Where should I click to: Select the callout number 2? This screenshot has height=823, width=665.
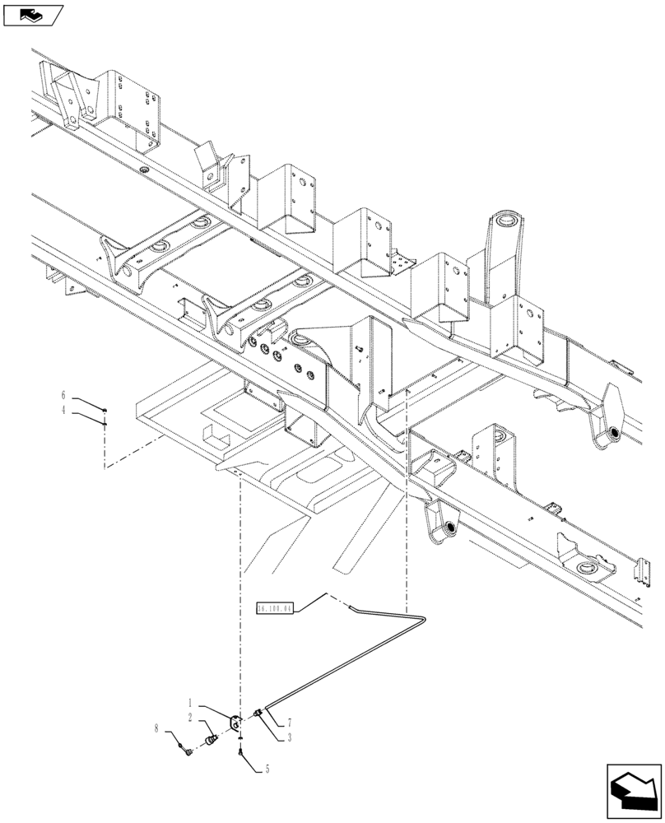[x=190, y=718]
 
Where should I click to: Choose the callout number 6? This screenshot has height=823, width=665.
[x=63, y=396]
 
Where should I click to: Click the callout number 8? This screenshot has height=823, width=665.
[x=156, y=728]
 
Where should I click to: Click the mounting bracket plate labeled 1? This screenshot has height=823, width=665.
[x=236, y=722]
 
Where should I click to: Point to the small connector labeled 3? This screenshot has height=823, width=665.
[x=259, y=714]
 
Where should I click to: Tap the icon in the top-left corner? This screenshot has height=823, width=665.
[x=33, y=14]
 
